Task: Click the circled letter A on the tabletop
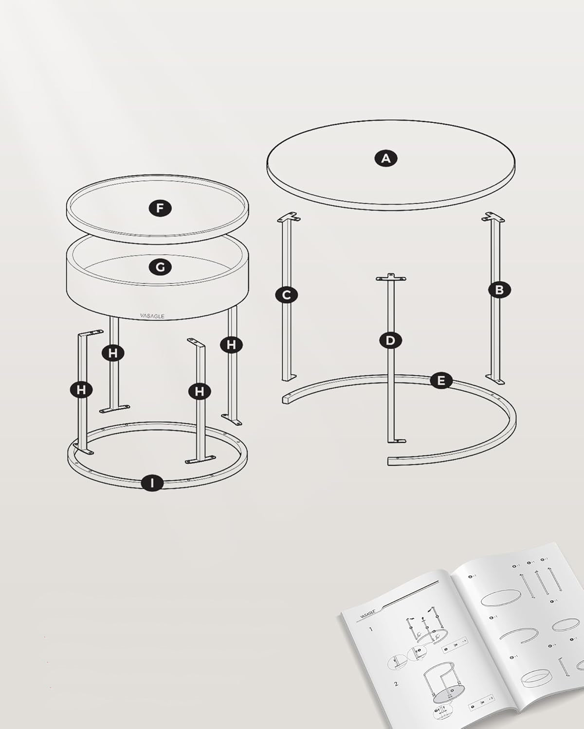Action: pyautogui.click(x=386, y=158)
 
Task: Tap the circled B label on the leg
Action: pyautogui.click(x=499, y=290)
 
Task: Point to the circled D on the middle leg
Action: pyautogui.click(x=390, y=340)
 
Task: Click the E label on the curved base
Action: pyautogui.click(x=441, y=381)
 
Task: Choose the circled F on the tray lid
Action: pyautogui.click(x=160, y=208)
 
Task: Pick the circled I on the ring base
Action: pyautogui.click(x=153, y=483)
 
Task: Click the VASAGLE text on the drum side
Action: pyautogui.click(x=152, y=316)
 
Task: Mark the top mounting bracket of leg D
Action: pyautogui.click(x=390, y=278)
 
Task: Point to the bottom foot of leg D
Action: pyautogui.click(x=396, y=440)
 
